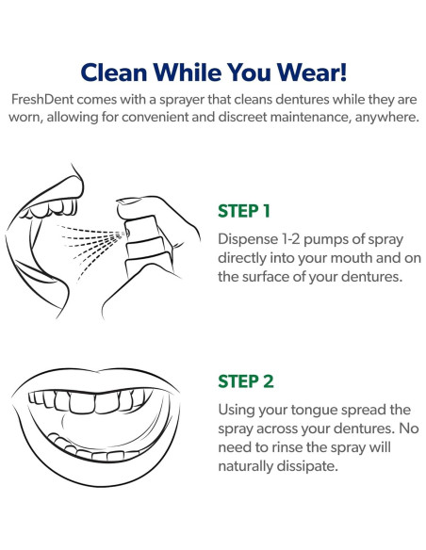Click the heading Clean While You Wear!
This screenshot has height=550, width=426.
pyautogui.click(x=213, y=73)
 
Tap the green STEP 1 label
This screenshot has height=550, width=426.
pyautogui.click(x=244, y=210)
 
